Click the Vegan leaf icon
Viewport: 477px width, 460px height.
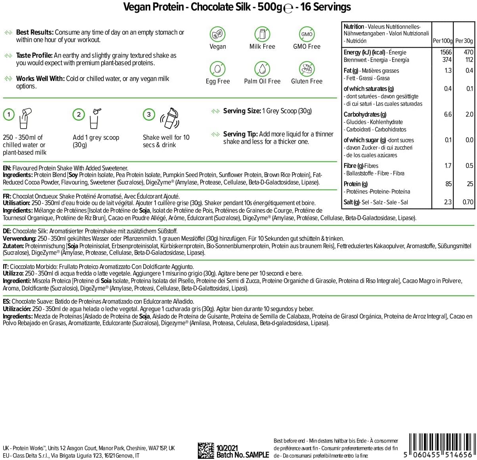[217, 34]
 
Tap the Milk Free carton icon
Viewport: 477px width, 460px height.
[262, 34]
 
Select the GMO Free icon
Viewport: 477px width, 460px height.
[307, 34]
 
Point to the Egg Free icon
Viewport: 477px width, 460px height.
[217, 69]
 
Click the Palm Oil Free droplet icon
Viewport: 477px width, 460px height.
[262, 69]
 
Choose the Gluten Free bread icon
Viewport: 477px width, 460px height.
[307, 69]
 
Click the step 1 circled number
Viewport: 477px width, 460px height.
[9, 115]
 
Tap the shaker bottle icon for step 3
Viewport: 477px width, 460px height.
[170, 118]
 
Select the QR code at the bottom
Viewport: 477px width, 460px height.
[206, 450]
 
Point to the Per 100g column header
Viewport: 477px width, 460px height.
[442, 41]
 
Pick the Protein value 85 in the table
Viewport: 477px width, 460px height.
[448, 184]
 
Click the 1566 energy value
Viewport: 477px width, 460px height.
[446, 52]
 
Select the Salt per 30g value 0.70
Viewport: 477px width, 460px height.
[467, 202]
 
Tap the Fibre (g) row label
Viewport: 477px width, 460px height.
[355, 166]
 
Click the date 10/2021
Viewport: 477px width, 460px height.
[227, 448]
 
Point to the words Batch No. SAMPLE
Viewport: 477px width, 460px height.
[243, 455]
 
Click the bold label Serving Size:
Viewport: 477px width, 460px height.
[242, 111]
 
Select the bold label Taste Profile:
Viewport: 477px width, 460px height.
[34, 56]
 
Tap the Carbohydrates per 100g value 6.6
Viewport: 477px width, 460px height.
[448, 114]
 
